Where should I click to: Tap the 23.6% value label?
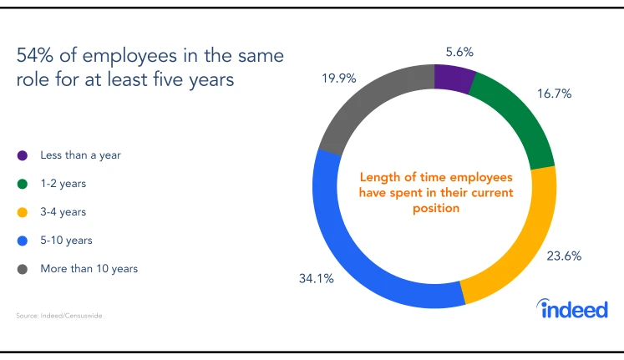(564, 256)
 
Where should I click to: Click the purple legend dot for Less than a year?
(22, 155)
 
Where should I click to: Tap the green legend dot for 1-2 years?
(22, 184)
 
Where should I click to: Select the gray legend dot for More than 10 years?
(22, 269)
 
